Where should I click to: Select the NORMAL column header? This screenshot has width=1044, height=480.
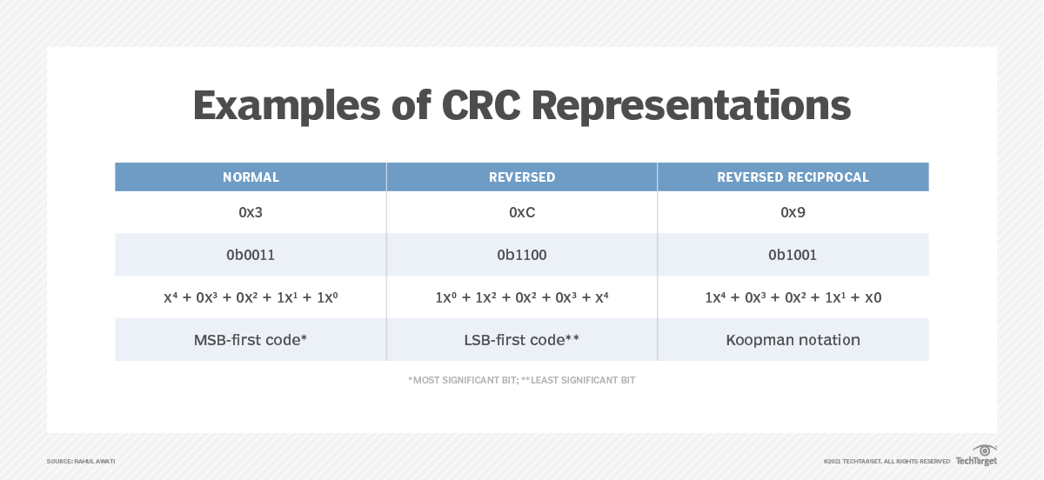point(251,177)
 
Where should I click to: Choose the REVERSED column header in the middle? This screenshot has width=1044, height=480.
point(522,177)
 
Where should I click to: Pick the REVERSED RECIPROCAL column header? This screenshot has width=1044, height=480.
point(793,177)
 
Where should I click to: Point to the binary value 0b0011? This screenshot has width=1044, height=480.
point(251,256)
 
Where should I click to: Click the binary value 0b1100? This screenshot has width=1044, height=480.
point(522,256)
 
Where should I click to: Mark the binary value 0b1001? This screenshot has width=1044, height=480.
point(793,256)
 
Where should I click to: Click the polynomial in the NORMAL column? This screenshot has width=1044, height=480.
point(251,297)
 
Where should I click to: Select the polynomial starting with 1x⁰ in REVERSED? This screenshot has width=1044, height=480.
point(522,297)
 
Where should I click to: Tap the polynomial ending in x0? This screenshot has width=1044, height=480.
point(793,297)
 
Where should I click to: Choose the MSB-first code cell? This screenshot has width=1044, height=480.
point(251,340)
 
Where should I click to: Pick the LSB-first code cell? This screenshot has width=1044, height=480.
point(522,340)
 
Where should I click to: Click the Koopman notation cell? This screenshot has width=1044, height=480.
point(793,340)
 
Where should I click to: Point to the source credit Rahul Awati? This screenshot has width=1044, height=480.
point(81,461)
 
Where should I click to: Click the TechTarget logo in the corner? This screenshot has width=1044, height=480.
point(977,456)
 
